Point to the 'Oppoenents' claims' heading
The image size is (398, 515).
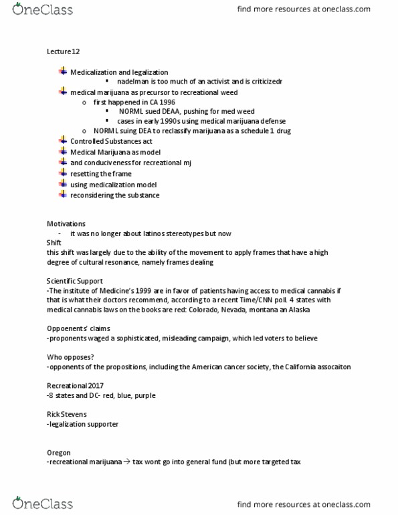78,328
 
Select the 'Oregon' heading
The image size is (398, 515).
59,452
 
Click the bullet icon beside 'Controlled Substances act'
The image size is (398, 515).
64,140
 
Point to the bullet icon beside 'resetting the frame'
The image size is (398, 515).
64,173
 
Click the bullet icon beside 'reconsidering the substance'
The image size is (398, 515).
64,194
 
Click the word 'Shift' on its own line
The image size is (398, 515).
54,241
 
